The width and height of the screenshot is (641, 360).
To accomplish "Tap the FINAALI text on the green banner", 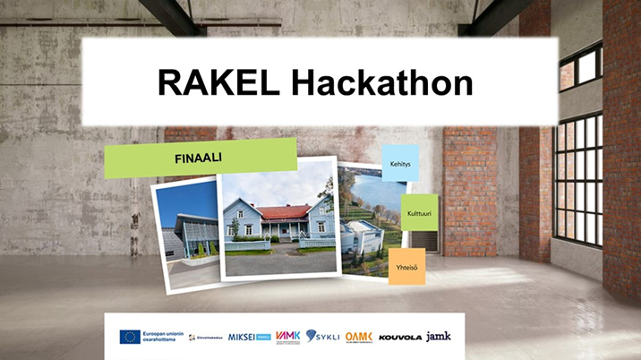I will point(198,157).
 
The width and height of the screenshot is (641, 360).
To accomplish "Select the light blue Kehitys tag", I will point(399,164).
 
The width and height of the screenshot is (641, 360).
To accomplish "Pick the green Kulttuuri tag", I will point(418,213).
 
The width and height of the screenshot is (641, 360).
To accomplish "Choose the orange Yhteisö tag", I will point(406,267).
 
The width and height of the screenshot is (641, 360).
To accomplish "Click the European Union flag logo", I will point(130,337).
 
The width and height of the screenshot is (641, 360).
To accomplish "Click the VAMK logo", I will point(287,336).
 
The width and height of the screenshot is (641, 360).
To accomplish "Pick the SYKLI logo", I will point(323,336).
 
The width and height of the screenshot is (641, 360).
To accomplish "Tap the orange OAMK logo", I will point(358,337).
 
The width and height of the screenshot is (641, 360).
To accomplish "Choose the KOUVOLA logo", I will point(399,338).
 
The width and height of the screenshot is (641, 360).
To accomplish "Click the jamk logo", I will point(439,336).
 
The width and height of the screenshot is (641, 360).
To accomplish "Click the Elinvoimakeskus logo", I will point(205,338).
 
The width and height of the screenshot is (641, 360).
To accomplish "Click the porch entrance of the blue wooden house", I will point(287,231).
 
